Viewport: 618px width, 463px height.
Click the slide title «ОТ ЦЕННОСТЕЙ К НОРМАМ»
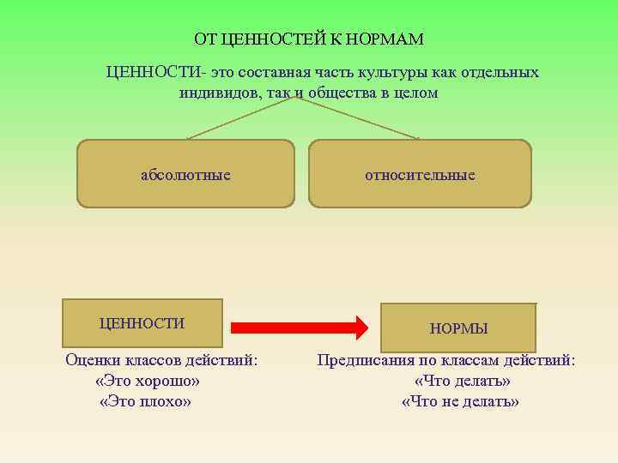[309, 39]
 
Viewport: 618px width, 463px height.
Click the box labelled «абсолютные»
[185, 174]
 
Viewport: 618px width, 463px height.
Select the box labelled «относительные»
[420, 174]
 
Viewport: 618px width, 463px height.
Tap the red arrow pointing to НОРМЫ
[300, 327]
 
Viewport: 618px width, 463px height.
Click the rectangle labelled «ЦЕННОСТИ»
[142, 323]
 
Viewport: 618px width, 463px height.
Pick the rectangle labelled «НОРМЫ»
[458, 328]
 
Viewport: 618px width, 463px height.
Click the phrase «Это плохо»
[145, 401]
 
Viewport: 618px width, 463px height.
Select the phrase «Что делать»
[462, 381]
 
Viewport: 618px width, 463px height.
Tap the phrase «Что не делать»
[461, 401]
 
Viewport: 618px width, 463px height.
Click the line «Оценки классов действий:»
[161, 360]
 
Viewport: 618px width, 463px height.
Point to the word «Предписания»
[363, 360]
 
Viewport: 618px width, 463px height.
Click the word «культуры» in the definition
[384, 73]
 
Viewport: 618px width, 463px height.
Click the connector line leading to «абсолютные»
[240, 118]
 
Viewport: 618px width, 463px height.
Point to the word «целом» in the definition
[415, 93]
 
